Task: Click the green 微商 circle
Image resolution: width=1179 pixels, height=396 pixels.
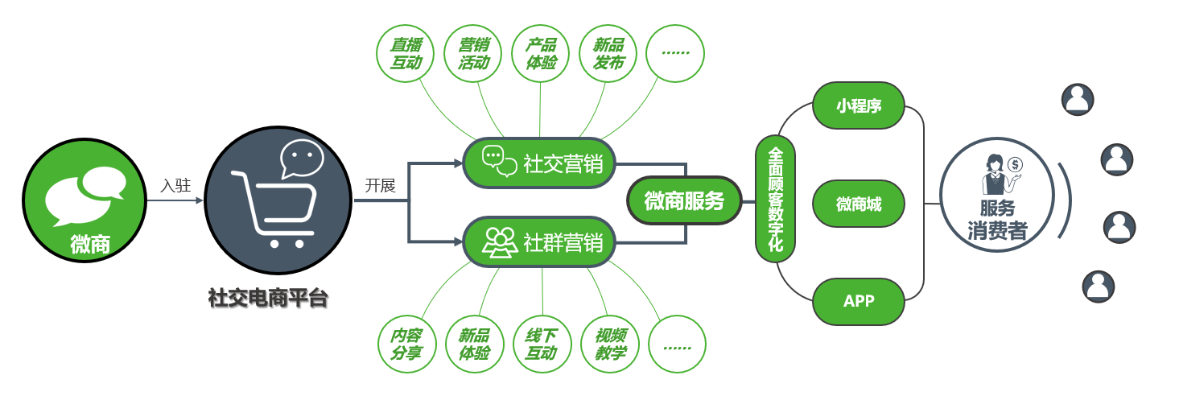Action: (85, 202)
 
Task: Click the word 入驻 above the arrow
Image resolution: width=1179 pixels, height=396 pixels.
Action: (175, 185)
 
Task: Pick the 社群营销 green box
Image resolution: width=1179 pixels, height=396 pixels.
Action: (539, 241)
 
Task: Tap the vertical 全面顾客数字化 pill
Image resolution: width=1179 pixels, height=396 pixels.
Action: (776, 199)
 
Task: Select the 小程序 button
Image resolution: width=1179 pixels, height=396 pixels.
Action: (859, 105)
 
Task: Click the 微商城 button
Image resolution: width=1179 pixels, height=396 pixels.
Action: (859, 204)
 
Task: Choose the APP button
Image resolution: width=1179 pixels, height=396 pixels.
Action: (859, 301)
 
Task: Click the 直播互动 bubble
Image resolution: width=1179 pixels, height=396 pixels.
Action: (406, 53)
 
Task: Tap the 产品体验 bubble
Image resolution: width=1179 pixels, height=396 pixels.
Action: (541, 53)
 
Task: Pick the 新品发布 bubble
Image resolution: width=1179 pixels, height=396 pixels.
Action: (608, 53)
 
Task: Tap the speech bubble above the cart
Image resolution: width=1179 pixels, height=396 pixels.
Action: (302, 158)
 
